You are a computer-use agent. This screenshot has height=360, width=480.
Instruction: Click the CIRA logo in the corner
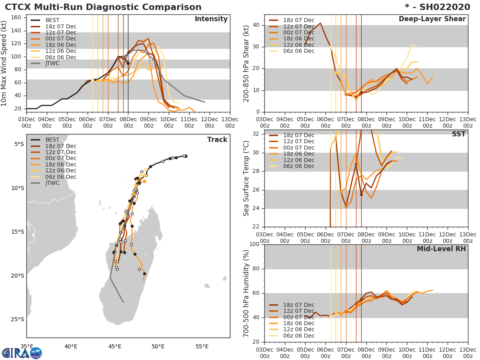[22, 353]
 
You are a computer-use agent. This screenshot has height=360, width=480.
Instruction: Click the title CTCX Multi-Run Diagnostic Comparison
[103, 7]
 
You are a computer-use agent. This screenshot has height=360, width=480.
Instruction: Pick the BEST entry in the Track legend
[52, 140]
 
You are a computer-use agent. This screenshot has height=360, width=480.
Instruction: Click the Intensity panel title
[211, 19]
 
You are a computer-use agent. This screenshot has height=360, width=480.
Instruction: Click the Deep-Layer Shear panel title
[432, 19]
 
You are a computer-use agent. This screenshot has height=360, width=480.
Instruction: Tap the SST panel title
[459, 134]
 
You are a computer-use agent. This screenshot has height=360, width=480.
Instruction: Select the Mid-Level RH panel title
[441, 249]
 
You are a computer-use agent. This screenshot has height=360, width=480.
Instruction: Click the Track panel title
[217, 140]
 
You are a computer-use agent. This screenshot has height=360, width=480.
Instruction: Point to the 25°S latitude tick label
[18, 319]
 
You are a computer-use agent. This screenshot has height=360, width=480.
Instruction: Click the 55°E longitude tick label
[202, 346]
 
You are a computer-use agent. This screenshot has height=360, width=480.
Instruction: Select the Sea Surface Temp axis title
[246, 178]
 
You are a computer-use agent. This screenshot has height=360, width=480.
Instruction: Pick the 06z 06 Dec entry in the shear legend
[298, 51]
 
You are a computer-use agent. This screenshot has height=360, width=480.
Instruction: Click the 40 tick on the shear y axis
[256, 25]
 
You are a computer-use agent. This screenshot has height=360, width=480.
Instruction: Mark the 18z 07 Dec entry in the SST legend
[298, 135]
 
